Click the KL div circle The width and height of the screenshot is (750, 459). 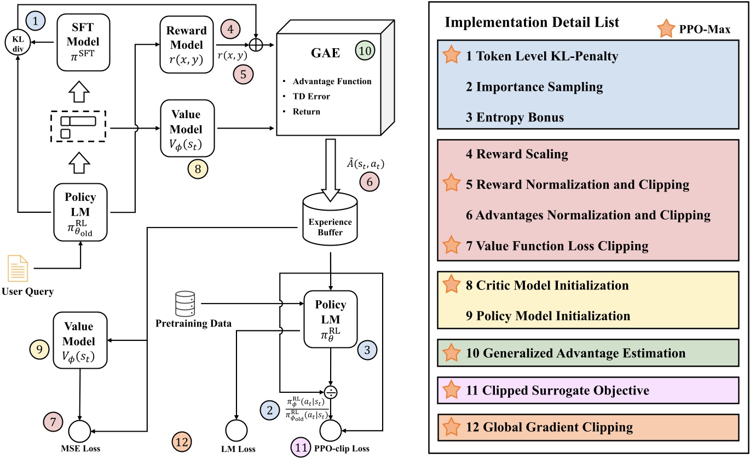[x=18, y=43]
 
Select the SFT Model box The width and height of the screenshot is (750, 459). [x=83, y=43]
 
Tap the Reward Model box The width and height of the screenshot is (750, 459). [x=187, y=44]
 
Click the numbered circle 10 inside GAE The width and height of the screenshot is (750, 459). [x=365, y=51]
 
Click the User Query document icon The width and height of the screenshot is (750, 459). [x=18, y=269]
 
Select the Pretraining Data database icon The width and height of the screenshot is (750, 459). [x=185, y=304]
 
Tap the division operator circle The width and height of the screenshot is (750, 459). [x=331, y=392]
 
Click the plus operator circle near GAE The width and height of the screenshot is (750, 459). [x=256, y=45]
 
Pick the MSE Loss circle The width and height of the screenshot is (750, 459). [x=79, y=431]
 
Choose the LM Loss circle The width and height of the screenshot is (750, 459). [x=236, y=431]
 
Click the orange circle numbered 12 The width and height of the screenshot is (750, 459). [x=182, y=442]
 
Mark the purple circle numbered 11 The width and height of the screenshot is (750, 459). [x=301, y=448]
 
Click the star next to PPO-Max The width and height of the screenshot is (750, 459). [x=666, y=28]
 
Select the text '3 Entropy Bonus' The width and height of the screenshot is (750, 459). [x=515, y=118]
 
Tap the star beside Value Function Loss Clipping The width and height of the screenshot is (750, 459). [x=451, y=245]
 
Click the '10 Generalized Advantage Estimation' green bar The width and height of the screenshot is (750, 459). [x=588, y=353]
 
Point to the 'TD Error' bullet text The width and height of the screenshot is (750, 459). [x=311, y=96]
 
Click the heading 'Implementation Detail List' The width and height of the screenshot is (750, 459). [x=532, y=22]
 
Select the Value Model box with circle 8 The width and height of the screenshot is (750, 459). [x=187, y=128]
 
